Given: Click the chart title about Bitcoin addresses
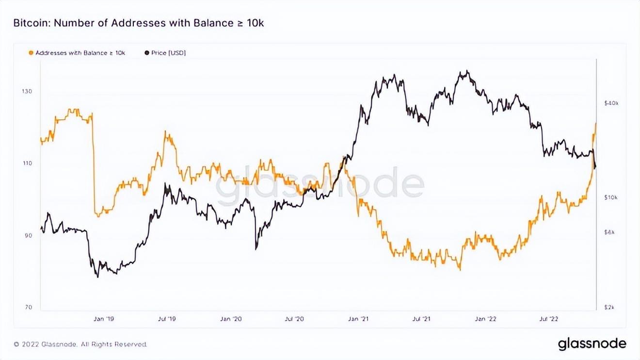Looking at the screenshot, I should tap(138, 23).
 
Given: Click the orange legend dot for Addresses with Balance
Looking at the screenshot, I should tap(32, 52).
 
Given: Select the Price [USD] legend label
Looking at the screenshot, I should tap(168, 52).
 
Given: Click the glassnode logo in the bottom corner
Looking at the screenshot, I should tap(592, 344).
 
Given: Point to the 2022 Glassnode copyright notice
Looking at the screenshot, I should tap(80, 344).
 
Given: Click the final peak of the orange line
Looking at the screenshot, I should tap(595, 123).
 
